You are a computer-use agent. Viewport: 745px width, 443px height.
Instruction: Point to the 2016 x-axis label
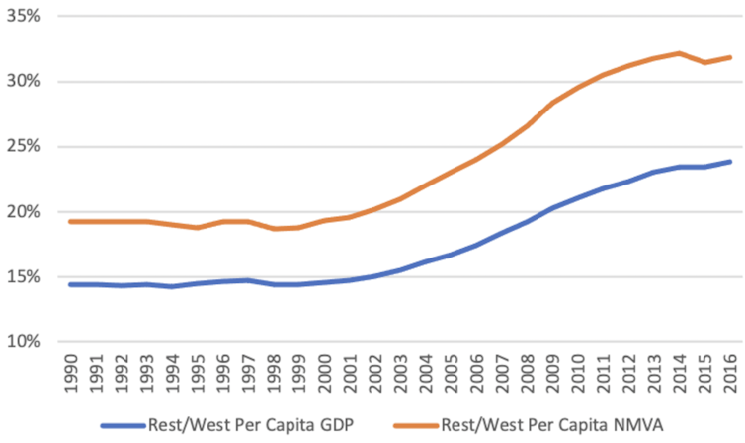[x=728, y=373]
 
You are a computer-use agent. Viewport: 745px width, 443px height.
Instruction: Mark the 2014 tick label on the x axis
[x=678, y=373]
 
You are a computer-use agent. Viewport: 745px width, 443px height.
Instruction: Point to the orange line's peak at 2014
[x=678, y=53]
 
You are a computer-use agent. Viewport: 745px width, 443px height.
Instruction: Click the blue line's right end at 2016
[x=730, y=162]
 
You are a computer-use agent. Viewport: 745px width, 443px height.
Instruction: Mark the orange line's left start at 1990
[x=71, y=221]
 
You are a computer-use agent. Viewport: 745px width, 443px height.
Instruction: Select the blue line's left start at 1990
[x=71, y=284]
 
